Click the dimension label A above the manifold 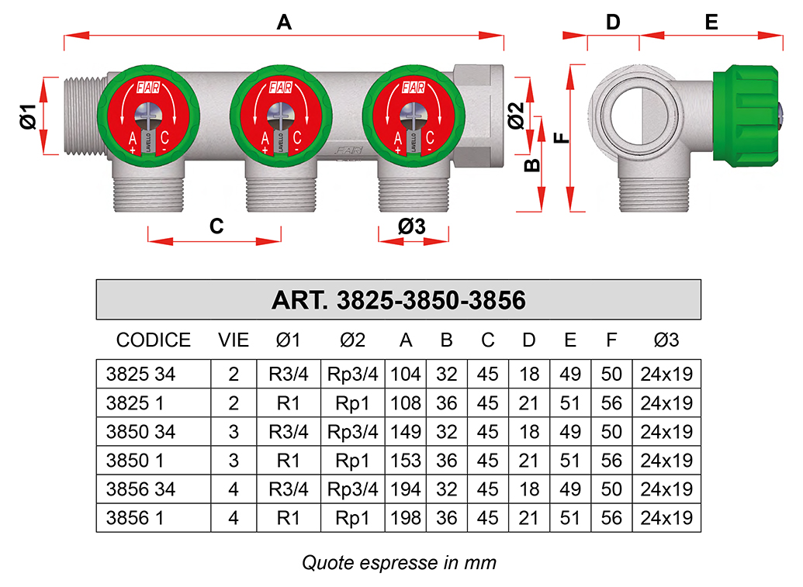click(x=284, y=22)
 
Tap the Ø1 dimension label click(x=29, y=116)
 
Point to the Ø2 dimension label click(x=516, y=115)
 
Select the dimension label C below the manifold click(x=216, y=226)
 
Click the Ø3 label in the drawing click(x=412, y=226)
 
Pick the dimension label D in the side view click(x=613, y=22)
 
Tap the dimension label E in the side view click(x=711, y=22)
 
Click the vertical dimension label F click(x=562, y=138)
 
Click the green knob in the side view click(x=746, y=116)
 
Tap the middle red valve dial click(x=281, y=116)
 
